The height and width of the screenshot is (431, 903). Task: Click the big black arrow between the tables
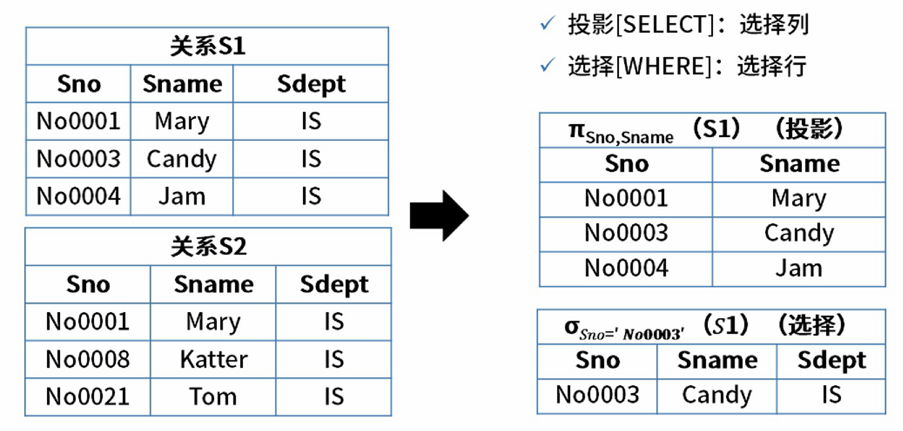[439, 215]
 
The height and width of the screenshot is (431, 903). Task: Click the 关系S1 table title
[208, 47]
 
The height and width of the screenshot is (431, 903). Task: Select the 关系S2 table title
[208, 247]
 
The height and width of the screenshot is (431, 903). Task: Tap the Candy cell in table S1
[182, 159]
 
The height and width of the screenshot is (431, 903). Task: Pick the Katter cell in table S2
[214, 359]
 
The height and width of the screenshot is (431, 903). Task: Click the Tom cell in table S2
[214, 396]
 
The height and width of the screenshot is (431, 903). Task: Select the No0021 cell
[87, 396]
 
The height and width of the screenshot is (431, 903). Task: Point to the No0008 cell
[87, 359]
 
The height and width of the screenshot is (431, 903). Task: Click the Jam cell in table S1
[182, 196]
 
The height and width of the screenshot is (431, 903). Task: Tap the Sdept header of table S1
[311, 84]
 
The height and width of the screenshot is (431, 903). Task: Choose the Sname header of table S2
[214, 285]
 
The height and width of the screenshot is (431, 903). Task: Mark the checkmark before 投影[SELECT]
[547, 25]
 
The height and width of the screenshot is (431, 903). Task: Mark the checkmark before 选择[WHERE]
[547, 65]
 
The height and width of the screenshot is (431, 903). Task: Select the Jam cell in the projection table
[799, 268]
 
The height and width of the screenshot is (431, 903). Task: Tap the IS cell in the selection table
[831, 395]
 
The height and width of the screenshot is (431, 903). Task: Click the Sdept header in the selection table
[831, 360]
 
